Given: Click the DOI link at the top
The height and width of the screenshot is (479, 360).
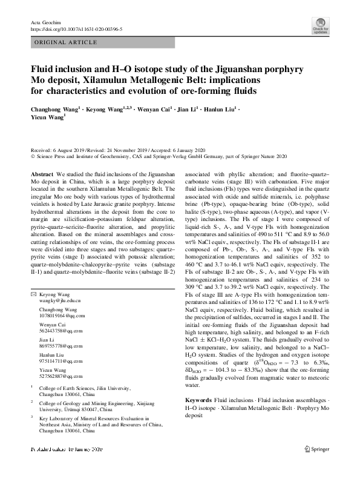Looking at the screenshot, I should pyautogui.click(x=76, y=28).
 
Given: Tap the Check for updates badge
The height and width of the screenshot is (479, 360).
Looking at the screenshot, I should pyautogui.click(x=321, y=25).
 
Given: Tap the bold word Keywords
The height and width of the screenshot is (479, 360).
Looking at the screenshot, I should pyautogui.click(x=198, y=401).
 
